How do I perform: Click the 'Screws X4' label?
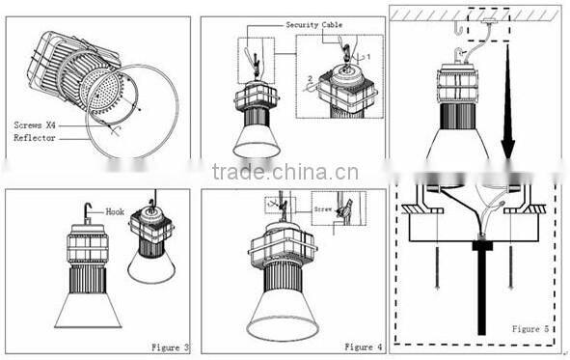[x=38, y=125]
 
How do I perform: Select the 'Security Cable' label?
[x=313, y=24]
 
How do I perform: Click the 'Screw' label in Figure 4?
[x=322, y=208]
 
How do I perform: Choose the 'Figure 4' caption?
[x=363, y=346]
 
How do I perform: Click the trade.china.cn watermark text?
[x=285, y=173]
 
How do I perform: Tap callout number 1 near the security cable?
[x=366, y=56]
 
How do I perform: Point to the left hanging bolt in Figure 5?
[x=438, y=256]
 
